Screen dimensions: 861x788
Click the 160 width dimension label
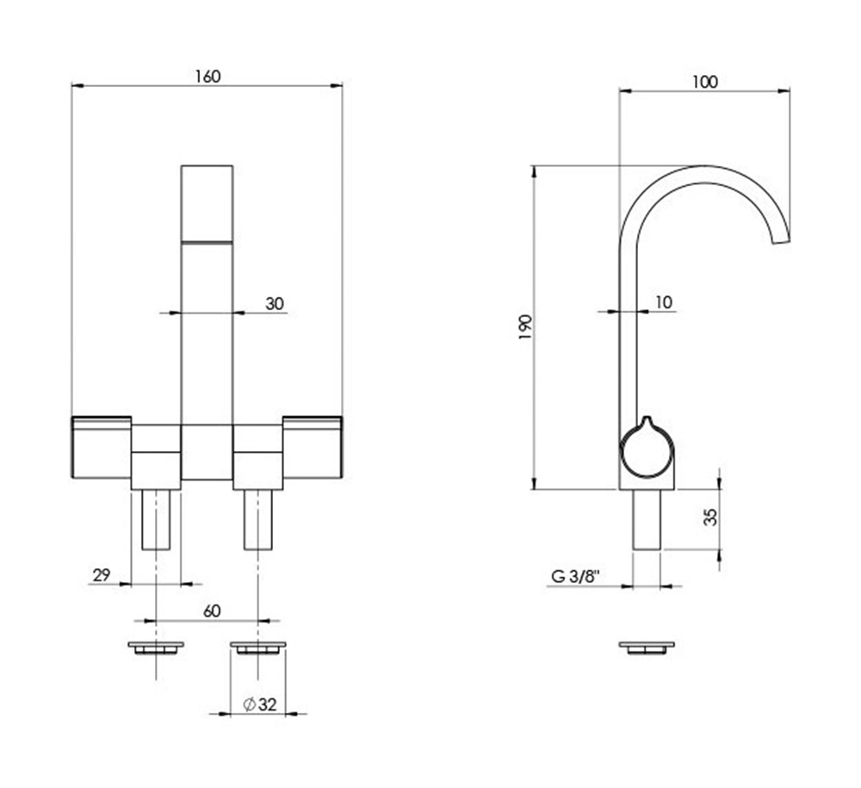point(208,77)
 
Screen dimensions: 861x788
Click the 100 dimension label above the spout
point(705,82)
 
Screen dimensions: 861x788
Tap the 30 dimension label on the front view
point(275,304)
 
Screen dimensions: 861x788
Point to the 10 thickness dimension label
point(663,302)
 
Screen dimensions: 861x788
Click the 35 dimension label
point(710,517)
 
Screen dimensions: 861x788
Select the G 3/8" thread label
point(575,577)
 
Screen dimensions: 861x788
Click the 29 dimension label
point(102,575)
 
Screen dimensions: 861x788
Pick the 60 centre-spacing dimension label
point(212,611)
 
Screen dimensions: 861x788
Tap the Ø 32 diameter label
point(260,704)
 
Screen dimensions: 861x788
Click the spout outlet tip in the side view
point(781,239)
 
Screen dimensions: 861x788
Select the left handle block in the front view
point(102,447)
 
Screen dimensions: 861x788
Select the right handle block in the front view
point(313,447)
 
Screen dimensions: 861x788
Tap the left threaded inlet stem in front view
point(157,519)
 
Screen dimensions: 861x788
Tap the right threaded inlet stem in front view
point(258,519)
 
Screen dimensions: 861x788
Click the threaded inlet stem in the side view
point(647,519)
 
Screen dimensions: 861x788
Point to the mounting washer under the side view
point(647,648)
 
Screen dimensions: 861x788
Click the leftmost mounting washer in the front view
point(156,648)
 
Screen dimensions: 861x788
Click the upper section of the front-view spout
point(207,203)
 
